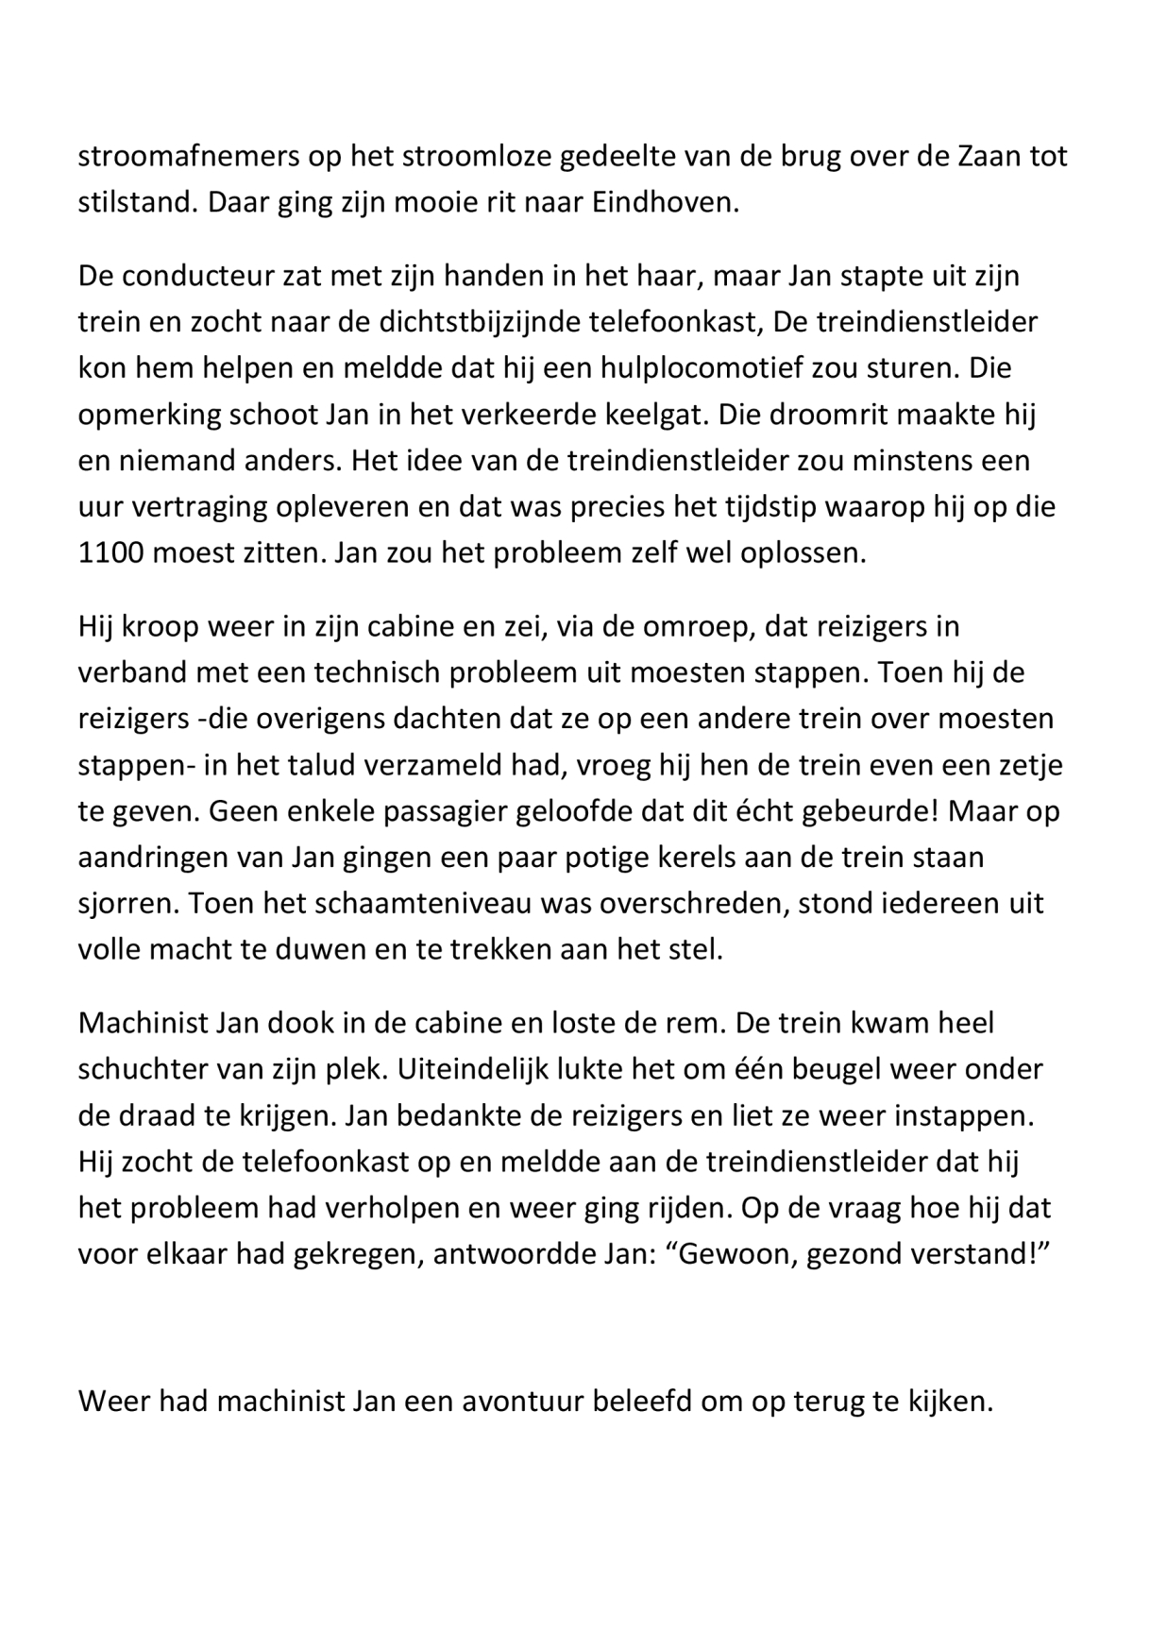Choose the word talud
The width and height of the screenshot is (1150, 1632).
317,765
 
